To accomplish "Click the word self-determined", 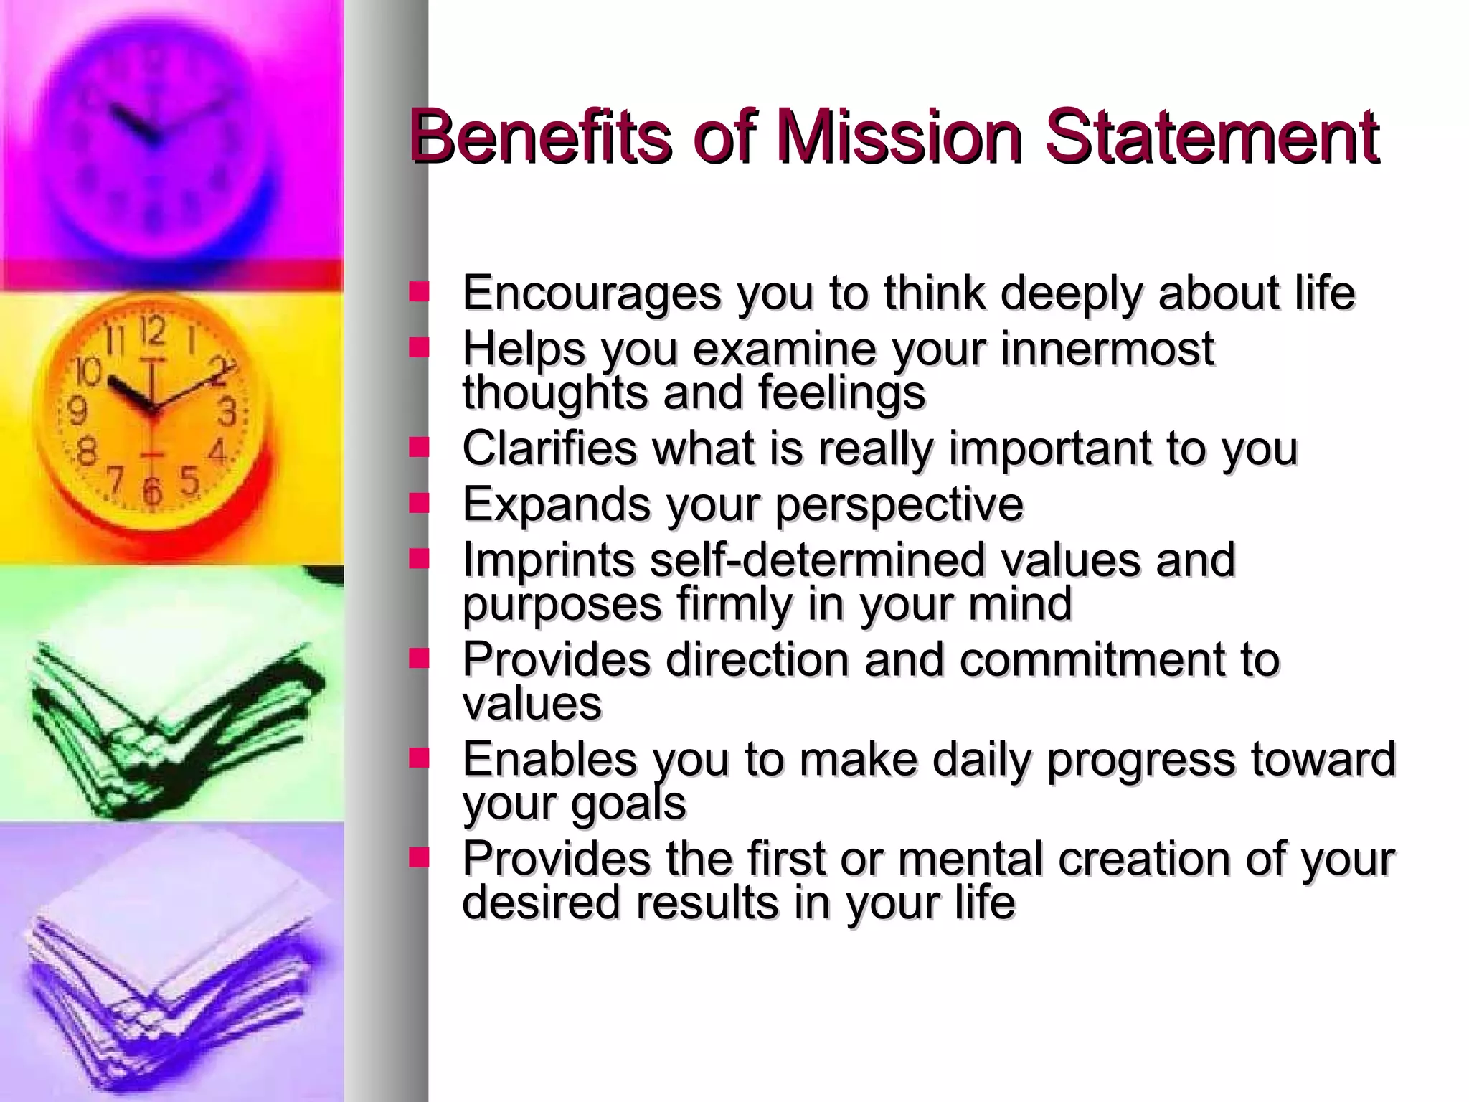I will [817, 560].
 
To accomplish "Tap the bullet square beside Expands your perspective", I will [418, 503].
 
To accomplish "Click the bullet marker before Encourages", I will [418, 291].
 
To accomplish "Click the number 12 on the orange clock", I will [152, 332].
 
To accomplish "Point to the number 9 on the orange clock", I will [77, 411].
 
